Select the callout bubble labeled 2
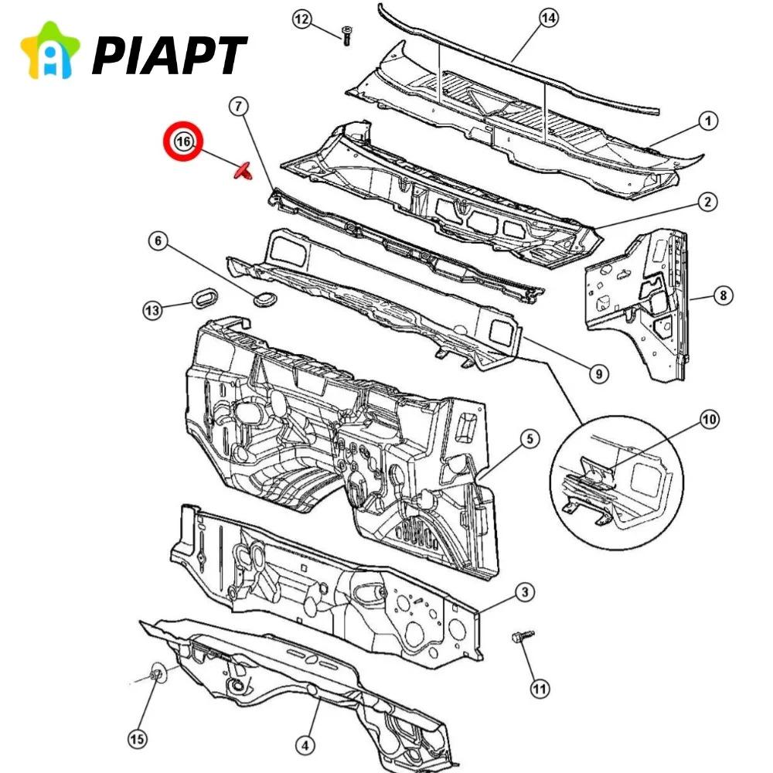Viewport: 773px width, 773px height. pyautogui.click(x=707, y=203)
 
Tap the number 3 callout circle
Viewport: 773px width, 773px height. pyautogui.click(x=525, y=593)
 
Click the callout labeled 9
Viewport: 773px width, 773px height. pyautogui.click(x=598, y=374)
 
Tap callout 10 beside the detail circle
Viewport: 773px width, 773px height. pyautogui.click(x=709, y=420)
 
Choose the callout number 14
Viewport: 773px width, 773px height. pyautogui.click(x=548, y=19)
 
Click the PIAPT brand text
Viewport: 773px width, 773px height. pyautogui.click(x=169, y=55)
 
